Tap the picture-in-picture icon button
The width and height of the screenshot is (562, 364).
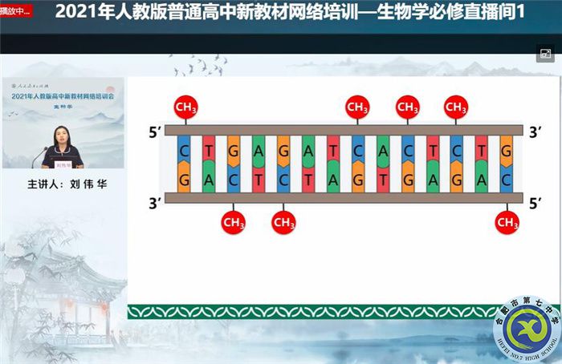546,55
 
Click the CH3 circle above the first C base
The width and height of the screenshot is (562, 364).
185,107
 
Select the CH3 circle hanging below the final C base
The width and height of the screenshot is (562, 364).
507,221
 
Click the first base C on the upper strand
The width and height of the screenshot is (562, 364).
185,150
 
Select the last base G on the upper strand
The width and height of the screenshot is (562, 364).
507,150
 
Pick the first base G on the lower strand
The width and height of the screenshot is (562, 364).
185,179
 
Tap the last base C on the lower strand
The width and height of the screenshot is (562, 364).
507,179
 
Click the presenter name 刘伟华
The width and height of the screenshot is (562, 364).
88,184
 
